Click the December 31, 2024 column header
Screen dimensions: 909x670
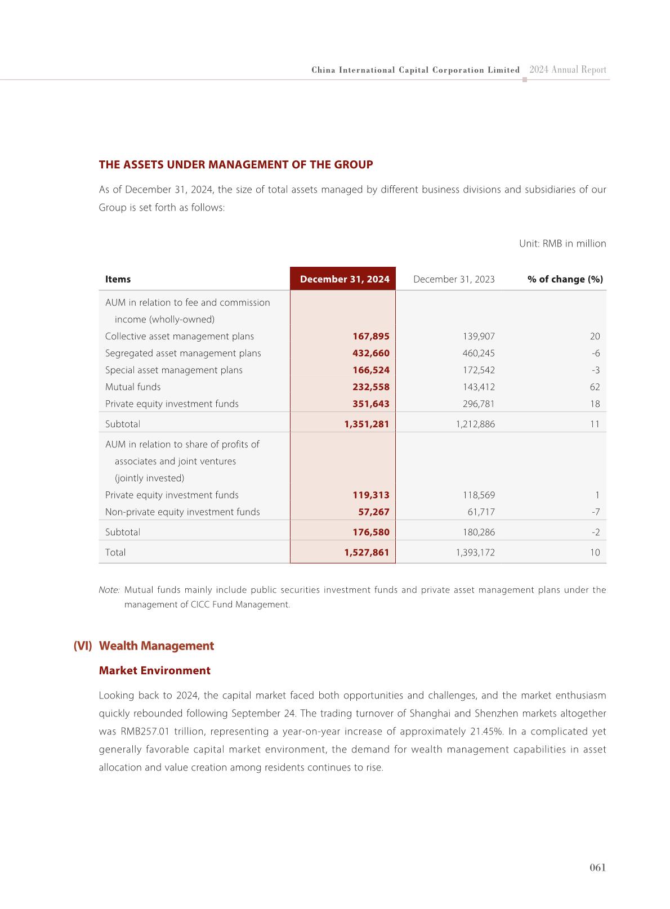[344, 279]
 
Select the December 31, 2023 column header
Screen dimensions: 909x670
[454, 279]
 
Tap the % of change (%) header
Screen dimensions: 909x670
[565, 279]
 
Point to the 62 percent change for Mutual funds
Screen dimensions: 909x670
[595, 387]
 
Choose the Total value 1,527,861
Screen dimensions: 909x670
[367, 553]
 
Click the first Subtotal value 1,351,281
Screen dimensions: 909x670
[367, 424]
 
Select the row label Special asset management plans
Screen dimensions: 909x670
[173, 370]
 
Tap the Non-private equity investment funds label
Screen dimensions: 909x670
[182, 512]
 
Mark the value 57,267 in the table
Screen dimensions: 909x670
[373, 512]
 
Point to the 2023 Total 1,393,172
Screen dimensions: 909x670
[475, 553]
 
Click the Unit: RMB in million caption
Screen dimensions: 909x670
[562, 244]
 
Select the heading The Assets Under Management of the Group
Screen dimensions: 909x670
[236, 165]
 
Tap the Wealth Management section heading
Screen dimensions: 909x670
[156, 646]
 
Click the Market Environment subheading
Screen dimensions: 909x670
[154, 671]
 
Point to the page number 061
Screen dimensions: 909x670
[597, 868]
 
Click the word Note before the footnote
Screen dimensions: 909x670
[109, 590]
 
